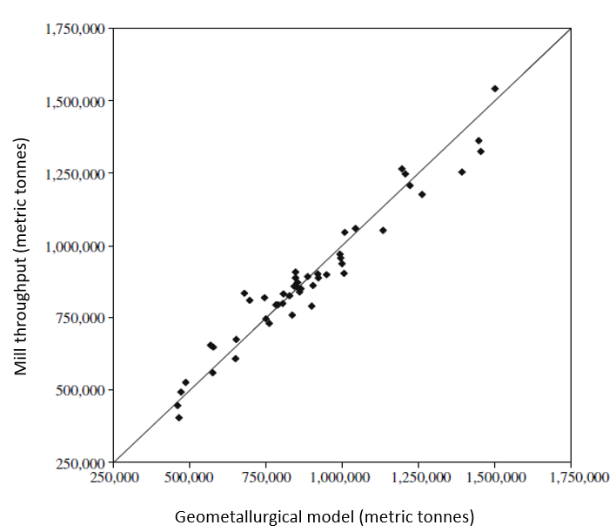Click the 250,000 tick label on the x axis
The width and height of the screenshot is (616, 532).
point(114,477)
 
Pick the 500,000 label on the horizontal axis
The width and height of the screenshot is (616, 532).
point(190,477)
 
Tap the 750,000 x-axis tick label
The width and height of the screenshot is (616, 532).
point(266,477)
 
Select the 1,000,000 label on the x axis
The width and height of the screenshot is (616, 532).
point(342,477)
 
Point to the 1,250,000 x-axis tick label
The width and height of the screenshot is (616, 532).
point(418,477)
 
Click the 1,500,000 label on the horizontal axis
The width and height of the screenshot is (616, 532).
point(494,477)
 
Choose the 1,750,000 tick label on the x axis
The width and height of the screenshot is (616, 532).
point(571,477)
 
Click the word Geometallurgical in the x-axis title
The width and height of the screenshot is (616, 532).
point(231,517)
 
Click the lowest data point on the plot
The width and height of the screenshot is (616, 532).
point(178,418)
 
